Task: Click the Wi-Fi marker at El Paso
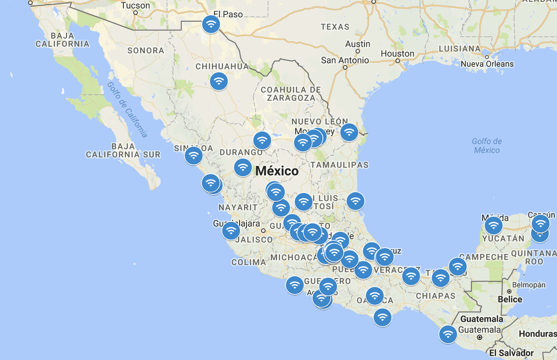[211, 24]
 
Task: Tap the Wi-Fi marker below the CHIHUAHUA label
[219, 81]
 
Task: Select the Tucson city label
[135, 6]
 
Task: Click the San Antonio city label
[345, 60]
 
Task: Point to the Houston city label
[397, 53]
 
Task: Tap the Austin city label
[358, 44]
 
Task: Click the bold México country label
[277, 171]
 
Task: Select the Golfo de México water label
[487, 146]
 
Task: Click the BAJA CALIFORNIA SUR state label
[123, 150]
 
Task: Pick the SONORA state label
[146, 50]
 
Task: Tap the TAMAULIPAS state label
[339, 165]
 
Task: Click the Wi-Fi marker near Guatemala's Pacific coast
[448, 334]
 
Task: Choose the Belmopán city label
[529, 285]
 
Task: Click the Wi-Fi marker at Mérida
[493, 226]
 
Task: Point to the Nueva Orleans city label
[487, 64]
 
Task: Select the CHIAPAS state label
[436, 296]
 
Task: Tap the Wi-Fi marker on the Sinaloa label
[194, 155]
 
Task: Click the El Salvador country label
[512, 353]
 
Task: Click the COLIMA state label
[249, 262]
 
